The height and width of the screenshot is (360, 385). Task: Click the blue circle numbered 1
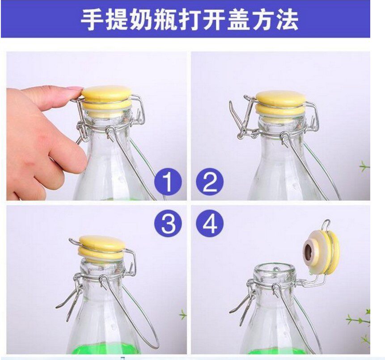(x=168, y=181)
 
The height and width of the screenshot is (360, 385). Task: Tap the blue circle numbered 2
(x=210, y=181)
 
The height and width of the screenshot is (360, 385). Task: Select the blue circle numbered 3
(x=168, y=223)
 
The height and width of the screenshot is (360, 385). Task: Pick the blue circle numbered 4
(x=210, y=223)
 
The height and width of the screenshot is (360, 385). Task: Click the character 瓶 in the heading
(x=164, y=20)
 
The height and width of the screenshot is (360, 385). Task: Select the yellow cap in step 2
(x=281, y=103)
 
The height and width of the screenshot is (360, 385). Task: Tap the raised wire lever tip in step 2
(x=231, y=103)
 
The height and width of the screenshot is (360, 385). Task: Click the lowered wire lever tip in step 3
(x=58, y=306)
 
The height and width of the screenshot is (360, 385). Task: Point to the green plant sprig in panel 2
(x=365, y=167)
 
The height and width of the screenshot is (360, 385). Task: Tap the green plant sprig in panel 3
(x=183, y=314)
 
